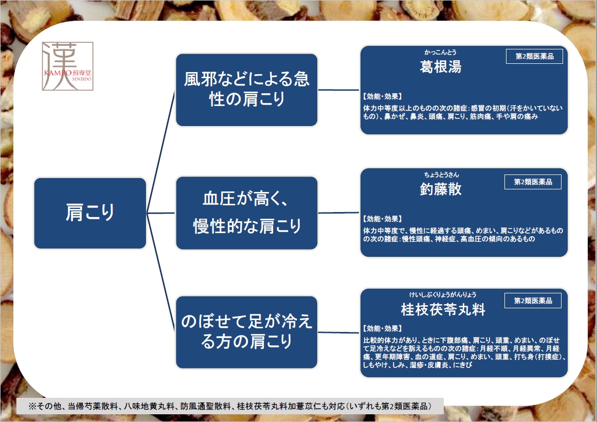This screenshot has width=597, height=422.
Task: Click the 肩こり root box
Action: pos(90,213)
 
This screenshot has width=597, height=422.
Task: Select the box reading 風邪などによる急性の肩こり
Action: pos(247,90)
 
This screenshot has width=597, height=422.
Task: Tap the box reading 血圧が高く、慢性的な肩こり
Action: pos(247,213)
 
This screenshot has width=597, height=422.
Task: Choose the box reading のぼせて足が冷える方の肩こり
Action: pos(247,332)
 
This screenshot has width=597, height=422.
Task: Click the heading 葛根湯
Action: pos(441,67)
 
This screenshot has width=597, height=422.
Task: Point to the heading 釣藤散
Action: pos(441,189)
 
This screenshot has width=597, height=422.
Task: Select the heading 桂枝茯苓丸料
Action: pos(443,309)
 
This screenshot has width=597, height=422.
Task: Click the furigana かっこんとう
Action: pos(441,52)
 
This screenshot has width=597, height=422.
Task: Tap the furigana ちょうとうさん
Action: pos(442,174)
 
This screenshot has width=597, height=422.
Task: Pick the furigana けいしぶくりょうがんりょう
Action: pos(443,294)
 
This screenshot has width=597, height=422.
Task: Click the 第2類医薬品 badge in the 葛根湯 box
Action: pos(535,57)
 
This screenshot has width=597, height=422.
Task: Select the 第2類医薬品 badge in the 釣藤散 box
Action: pos(533,182)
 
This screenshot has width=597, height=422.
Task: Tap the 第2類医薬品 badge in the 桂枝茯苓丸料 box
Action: pos(533,301)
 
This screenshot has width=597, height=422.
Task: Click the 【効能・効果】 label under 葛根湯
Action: pos(382,96)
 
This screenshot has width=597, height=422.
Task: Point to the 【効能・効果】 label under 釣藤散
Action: pos(382,219)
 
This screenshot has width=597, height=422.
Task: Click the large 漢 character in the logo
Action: pos(60,65)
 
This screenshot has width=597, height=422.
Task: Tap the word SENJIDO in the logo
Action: pos(81,79)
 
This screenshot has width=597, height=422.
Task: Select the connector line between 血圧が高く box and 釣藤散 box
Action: pos(339,213)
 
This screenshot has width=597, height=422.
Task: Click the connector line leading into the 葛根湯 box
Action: pos(339,90)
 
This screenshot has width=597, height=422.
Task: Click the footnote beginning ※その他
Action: pos(230,406)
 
